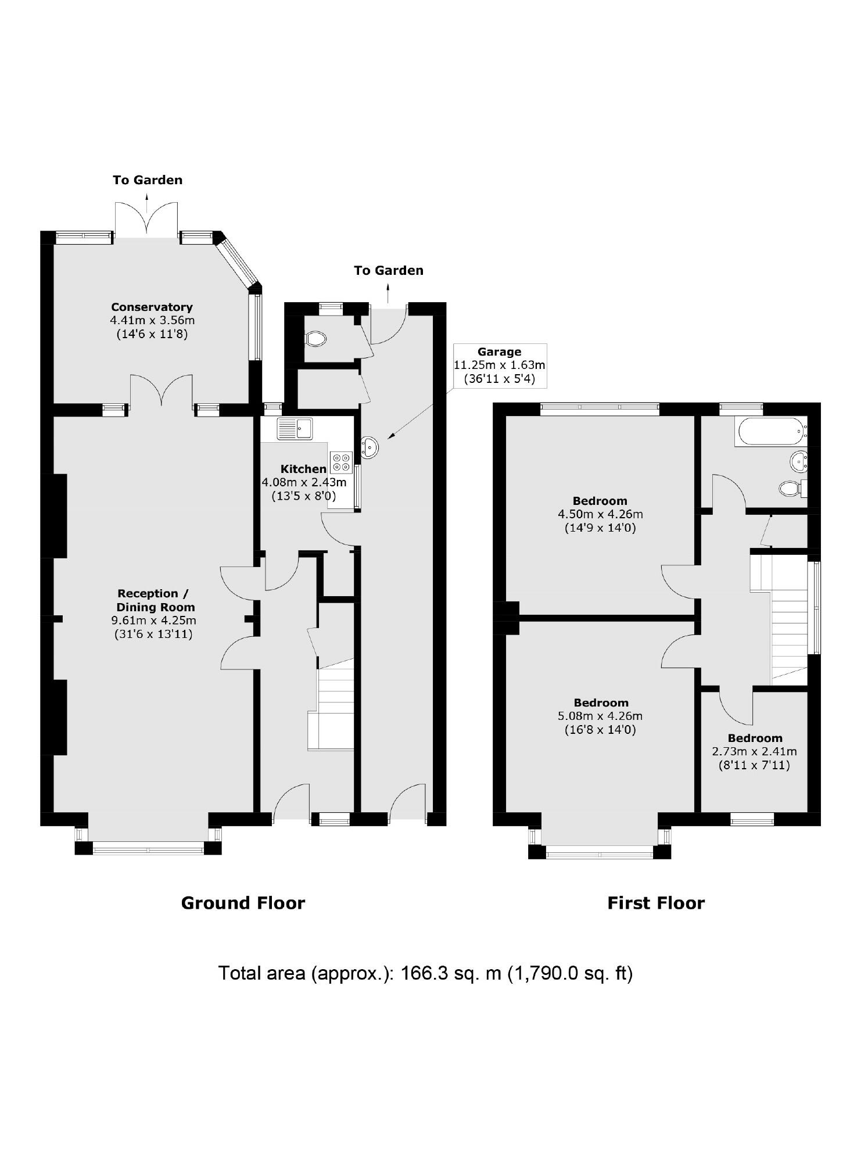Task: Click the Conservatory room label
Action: coord(152,307)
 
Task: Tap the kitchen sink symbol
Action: coord(295,429)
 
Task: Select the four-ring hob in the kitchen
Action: coord(341,462)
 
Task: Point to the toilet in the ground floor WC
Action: coord(316,338)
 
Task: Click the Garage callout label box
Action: coord(499,365)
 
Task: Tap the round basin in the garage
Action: coord(370,447)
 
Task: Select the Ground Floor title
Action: coord(243,902)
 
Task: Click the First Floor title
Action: coord(656,902)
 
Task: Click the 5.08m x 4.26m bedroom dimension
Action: coord(600,716)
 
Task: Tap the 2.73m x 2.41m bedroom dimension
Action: coord(754,751)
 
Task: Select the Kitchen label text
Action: coord(303,469)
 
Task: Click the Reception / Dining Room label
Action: coord(153,600)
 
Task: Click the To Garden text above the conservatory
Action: coord(148,180)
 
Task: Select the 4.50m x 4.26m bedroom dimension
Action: coord(600,514)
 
